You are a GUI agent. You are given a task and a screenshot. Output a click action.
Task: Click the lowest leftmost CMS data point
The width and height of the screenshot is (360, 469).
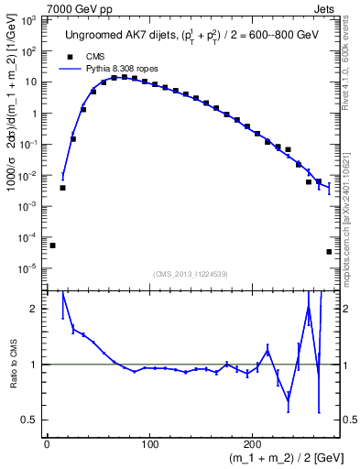[x=52, y=245]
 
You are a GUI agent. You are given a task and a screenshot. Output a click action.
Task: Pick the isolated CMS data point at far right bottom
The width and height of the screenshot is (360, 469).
[x=329, y=252]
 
